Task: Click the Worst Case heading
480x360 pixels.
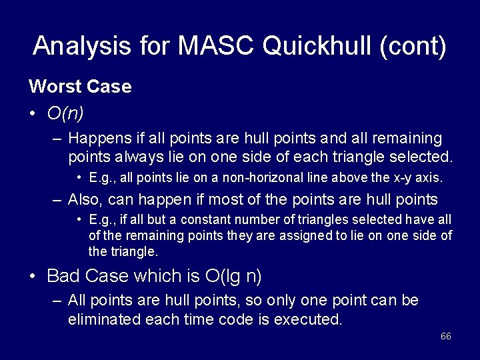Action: (x=80, y=87)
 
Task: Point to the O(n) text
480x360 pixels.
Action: (x=65, y=113)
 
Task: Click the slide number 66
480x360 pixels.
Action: (x=446, y=336)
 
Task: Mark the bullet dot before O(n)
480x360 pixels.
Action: (x=33, y=114)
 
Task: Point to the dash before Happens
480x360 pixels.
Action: (x=58, y=139)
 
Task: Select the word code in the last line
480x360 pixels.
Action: (x=224, y=319)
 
